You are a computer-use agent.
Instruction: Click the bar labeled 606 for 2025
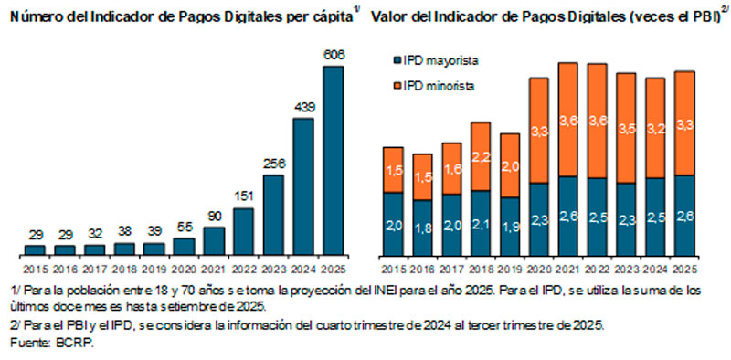pyautogui.click(x=334, y=160)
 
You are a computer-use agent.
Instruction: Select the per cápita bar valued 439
pyautogui.click(x=303, y=185)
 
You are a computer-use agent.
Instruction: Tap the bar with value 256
pyautogui.click(x=273, y=214)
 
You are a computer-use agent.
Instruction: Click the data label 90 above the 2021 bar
pyautogui.click(x=213, y=215)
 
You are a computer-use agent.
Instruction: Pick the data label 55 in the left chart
pyautogui.click(x=184, y=226)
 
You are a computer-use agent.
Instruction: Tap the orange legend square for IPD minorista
pyautogui.click(x=397, y=86)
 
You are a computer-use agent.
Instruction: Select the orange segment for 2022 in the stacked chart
pyautogui.click(x=597, y=121)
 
